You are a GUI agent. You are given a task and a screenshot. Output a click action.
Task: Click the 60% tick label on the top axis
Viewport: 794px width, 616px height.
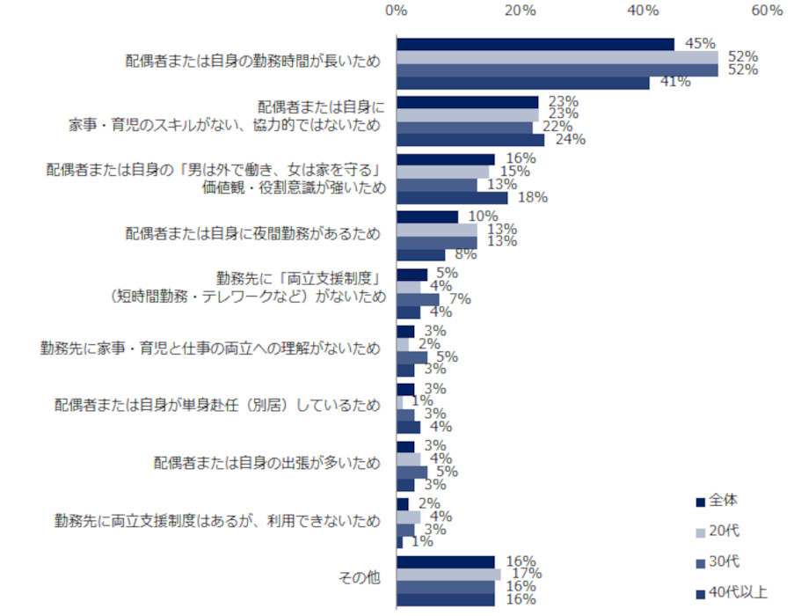pyautogui.click(x=767, y=10)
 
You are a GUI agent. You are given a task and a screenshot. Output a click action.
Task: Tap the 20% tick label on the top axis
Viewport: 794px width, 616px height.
pyautogui.click(x=521, y=10)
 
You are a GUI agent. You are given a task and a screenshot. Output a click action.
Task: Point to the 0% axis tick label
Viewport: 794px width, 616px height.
pyautogui.click(x=396, y=10)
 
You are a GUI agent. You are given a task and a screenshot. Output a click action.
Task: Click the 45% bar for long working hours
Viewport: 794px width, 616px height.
pyautogui.click(x=535, y=44)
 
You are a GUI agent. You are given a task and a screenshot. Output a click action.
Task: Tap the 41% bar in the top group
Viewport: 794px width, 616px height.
pyautogui.click(x=522, y=83)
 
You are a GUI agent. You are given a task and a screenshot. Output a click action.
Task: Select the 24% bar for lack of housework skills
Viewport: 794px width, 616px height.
pyautogui.click(x=470, y=140)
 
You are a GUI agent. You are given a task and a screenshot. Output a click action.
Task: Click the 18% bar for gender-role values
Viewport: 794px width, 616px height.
pyautogui.click(x=451, y=198)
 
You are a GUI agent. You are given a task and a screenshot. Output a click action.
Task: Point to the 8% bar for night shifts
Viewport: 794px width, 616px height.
pyautogui.click(x=420, y=255)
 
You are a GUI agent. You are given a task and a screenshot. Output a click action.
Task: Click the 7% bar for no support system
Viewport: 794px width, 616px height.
pyautogui.click(x=417, y=299)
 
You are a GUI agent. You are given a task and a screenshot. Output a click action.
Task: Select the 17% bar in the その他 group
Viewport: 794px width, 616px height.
pyautogui.click(x=448, y=575)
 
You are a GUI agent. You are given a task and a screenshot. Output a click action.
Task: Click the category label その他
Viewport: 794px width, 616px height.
pyautogui.click(x=361, y=578)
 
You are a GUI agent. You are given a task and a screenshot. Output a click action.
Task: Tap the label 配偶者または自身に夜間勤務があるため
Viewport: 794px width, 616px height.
pyautogui.click(x=253, y=234)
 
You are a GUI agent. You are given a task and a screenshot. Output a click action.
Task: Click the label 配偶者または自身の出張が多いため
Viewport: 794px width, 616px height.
pyautogui.click(x=266, y=463)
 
